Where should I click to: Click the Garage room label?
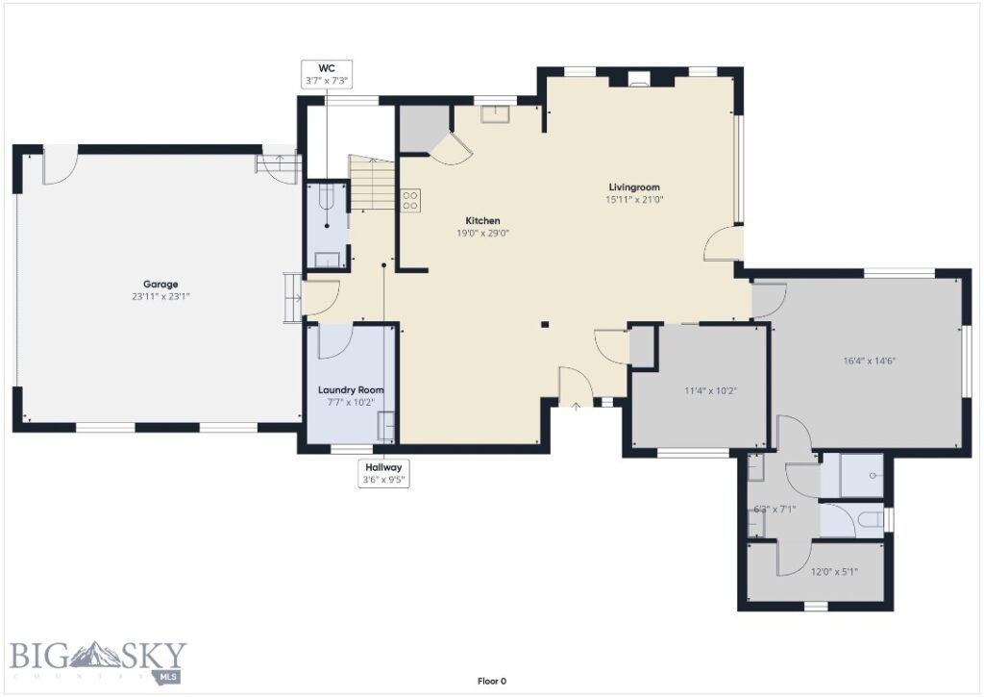[x=160, y=284]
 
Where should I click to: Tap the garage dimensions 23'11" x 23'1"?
[x=160, y=297]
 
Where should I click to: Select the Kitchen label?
[x=482, y=220]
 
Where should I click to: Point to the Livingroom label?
[x=633, y=187]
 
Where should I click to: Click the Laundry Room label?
[x=351, y=389]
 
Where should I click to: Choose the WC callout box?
[x=326, y=75]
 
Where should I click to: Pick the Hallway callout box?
[x=382, y=473]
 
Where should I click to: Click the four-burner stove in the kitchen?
[x=410, y=200]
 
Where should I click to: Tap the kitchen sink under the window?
[x=496, y=115]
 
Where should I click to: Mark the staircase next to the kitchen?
[x=371, y=185]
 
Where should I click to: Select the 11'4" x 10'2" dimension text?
[x=711, y=391]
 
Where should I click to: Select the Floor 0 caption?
[x=491, y=682]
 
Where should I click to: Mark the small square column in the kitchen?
[x=544, y=325]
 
